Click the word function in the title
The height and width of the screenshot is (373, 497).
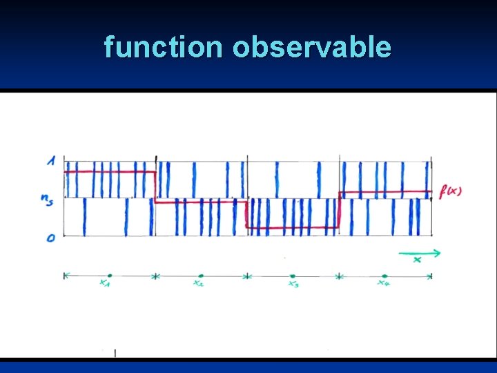pos(163,48)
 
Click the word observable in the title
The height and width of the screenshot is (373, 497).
pos(311,48)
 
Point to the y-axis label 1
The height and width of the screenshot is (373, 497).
pos(50,161)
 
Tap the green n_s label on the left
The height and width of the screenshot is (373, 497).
pos(47,199)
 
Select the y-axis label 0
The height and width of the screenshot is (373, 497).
pos(50,238)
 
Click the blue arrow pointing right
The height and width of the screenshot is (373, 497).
pos(420,254)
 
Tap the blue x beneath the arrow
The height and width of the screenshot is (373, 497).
pos(417,260)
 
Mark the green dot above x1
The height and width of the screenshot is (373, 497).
pos(109,276)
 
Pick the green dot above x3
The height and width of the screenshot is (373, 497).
pos(293,276)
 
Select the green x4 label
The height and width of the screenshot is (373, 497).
pos(384,283)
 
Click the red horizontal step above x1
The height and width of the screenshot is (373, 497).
pos(109,171)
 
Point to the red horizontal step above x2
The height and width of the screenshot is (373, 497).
pos(200,202)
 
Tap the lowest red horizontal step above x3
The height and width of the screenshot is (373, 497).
pos(293,227)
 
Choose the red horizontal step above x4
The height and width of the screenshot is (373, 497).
pos(384,191)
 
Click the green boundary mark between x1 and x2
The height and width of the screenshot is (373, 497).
pos(155,276)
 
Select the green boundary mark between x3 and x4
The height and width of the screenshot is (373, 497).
pos(339,276)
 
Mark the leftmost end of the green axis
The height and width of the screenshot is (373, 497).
pos(65,276)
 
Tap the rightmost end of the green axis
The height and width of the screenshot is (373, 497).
pos(431,276)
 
